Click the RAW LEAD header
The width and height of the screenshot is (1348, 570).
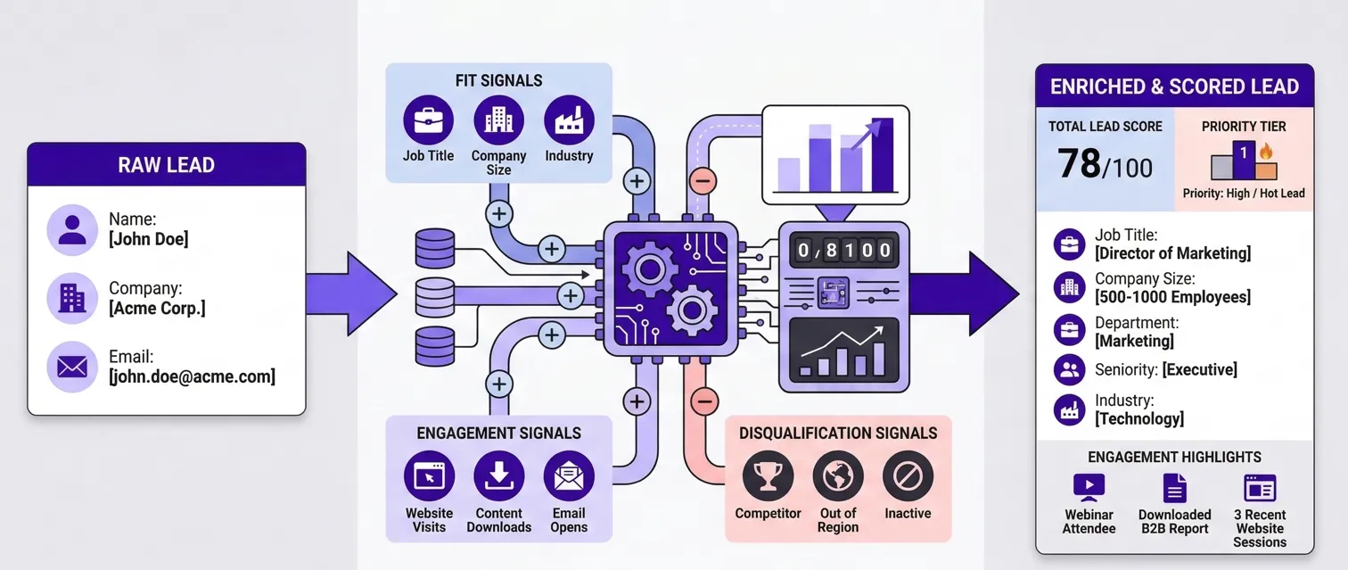pos(167,165)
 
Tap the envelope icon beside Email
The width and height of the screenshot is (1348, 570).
pos(72,367)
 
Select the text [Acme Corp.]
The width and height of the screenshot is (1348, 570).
pos(157,309)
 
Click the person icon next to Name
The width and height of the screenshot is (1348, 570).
pos(72,229)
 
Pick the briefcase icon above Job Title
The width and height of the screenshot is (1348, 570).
pos(428,120)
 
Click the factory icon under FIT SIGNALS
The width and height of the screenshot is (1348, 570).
pos(569,120)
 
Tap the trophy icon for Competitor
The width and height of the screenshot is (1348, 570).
pos(768,476)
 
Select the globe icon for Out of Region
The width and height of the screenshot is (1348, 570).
pos(838,476)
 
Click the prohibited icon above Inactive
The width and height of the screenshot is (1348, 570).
pos(908,476)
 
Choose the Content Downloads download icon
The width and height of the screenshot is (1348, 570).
pos(498,476)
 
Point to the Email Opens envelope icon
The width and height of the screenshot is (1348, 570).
pos(569,476)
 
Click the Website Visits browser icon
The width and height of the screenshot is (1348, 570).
pos(429,476)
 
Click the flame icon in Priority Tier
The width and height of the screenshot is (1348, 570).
pos(1266,152)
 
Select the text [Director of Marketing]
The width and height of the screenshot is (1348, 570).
pos(1172,253)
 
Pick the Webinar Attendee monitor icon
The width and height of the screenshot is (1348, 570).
pos(1089,487)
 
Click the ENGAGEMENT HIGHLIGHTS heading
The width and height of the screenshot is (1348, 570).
pos(1174,458)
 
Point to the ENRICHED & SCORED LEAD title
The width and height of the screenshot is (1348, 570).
pos(1174,87)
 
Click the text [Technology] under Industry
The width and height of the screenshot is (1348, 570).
pos(1139,418)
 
